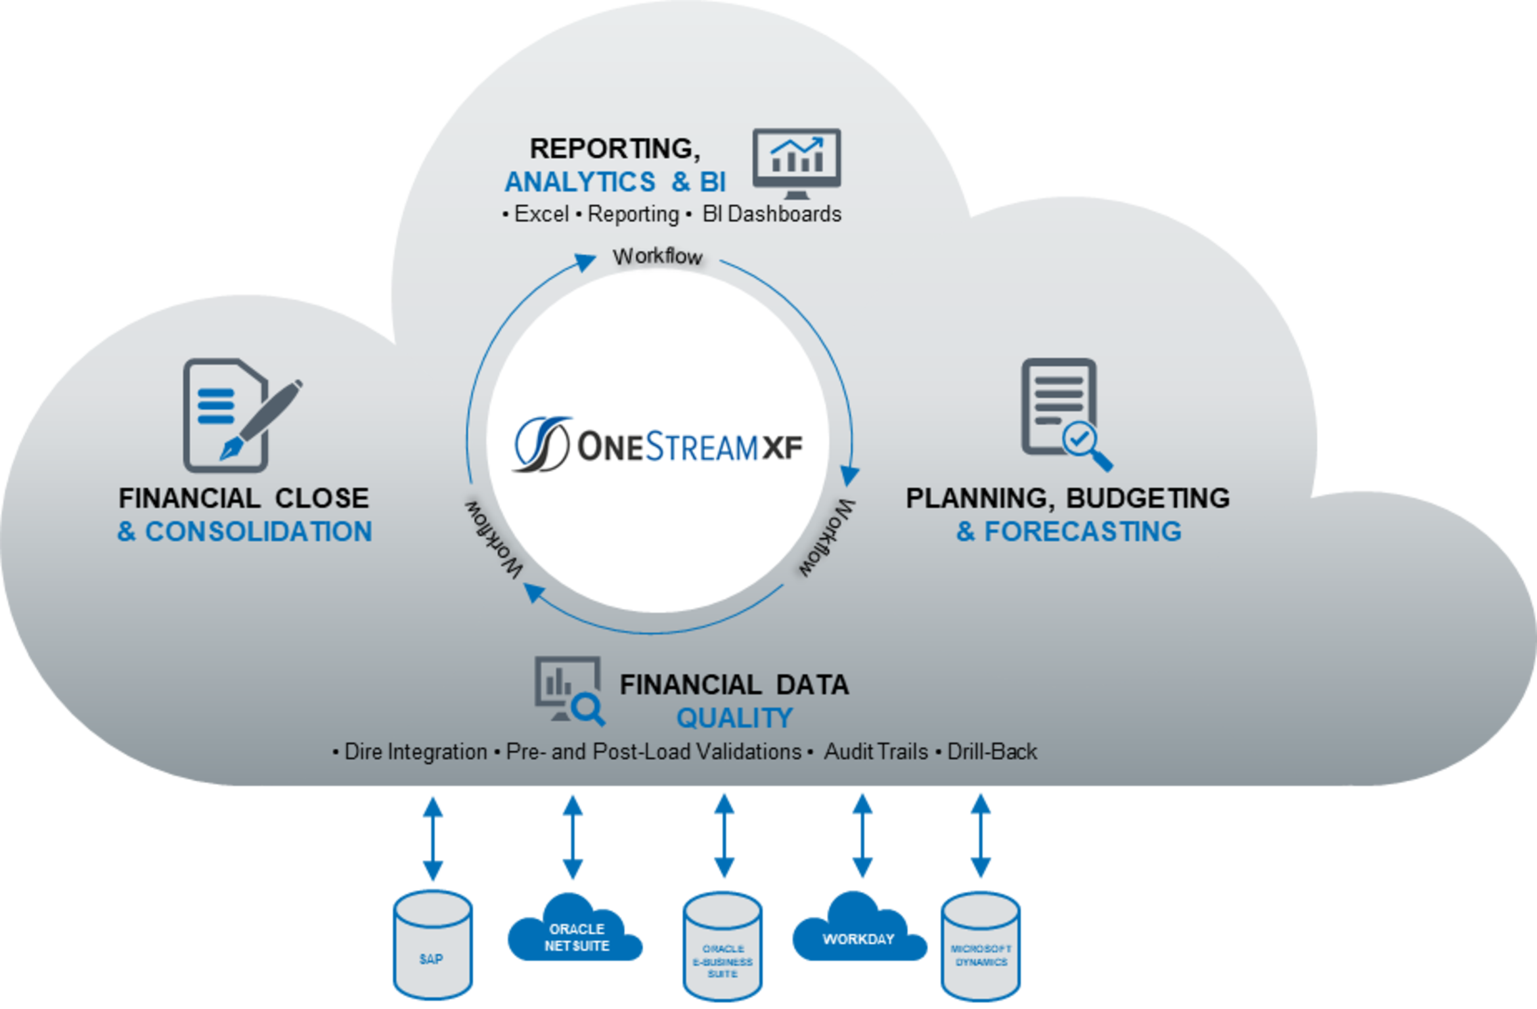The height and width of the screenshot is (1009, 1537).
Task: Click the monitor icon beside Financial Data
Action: (569, 690)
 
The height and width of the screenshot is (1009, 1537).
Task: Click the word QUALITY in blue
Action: (734, 718)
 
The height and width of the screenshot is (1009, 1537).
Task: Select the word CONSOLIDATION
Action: (258, 531)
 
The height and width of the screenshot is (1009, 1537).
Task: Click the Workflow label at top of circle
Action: (657, 256)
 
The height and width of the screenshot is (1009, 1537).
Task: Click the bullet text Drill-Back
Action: (992, 751)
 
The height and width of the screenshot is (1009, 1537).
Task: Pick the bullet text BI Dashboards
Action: (772, 214)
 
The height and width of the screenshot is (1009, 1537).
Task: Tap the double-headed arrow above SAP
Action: (433, 838)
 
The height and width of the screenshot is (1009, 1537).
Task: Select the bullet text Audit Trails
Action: (876, 751)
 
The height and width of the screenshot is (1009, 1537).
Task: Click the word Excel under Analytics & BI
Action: (541, 214)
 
